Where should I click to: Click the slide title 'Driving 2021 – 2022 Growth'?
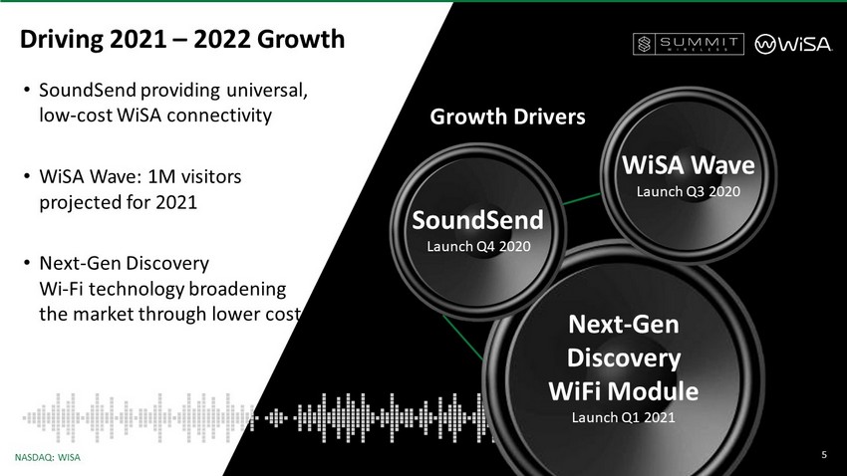182,40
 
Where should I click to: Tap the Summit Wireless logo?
689,44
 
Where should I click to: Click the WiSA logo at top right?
793,44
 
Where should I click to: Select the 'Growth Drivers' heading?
507,117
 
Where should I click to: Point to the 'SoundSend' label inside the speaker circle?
477,220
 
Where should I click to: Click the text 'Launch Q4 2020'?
478,246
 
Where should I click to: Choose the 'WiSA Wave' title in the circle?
689,164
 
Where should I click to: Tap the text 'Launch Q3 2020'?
689,191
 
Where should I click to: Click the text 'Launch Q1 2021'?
624,417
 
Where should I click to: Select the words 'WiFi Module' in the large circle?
624,391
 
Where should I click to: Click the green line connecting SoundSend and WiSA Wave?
582,198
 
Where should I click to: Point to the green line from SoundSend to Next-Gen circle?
462,338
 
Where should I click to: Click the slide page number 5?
824,455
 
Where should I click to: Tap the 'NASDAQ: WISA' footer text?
48,458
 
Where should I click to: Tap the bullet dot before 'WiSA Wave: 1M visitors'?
27,176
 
